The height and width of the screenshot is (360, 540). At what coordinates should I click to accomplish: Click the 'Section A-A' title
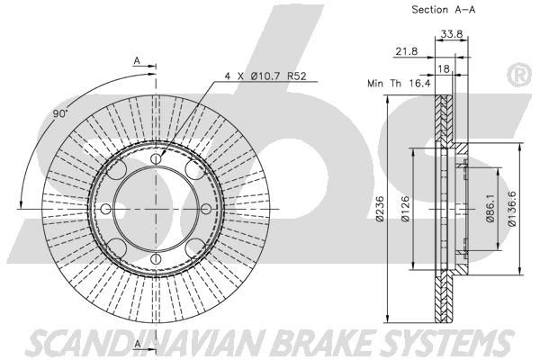click(x=444, y=10)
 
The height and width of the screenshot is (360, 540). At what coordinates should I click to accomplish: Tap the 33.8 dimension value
click(x=452, y=34)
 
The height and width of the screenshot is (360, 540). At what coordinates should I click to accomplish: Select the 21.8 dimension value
click(x=407, y=51)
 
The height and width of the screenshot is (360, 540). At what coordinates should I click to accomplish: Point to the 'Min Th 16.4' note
click(x=399, y=83)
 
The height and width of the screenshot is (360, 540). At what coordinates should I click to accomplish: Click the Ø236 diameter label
click(x=379, y=209)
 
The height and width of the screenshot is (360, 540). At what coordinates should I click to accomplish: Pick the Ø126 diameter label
click(x=405, y=209)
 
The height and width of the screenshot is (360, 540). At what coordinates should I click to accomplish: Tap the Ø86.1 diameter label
click(x=490, y=209)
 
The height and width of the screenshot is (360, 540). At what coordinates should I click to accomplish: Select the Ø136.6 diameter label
click(x=512, y=209)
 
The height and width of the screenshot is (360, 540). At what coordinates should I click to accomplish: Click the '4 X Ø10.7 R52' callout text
click(x=265, y=76)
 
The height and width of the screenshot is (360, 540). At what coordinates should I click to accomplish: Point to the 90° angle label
click(x=60, y=113)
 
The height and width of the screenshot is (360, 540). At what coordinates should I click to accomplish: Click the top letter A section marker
click(x=137, y=61)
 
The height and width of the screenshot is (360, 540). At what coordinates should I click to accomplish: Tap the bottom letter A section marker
click(x=138, y=344)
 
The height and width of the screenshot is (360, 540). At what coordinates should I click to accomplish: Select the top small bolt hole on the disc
click(x=156, y=158)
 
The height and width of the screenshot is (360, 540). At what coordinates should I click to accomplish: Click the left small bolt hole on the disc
click(x=106, y=209)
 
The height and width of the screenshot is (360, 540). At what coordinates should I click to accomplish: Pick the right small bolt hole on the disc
click(x=206, y=209)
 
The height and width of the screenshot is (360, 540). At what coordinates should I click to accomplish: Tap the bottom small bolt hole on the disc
click(x=156, y=258)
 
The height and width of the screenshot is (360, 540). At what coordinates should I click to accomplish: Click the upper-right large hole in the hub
click(x=195, y=170)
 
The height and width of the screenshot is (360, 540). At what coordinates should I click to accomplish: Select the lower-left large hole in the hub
click(x=116, y=247)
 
